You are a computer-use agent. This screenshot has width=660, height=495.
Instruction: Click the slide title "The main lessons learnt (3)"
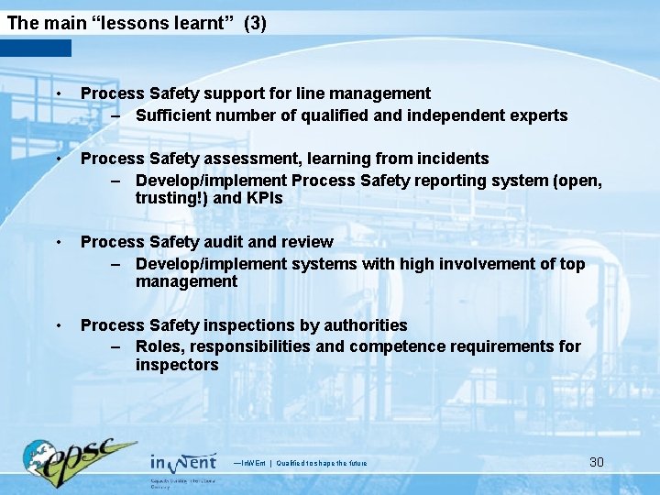(137, 23)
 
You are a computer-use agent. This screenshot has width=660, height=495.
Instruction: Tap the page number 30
(596, 462)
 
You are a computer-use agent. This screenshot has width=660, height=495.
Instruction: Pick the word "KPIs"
(260, 198)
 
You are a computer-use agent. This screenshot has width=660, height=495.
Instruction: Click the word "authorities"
(364, 325)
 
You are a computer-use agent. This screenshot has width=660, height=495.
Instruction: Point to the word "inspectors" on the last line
(177, 365)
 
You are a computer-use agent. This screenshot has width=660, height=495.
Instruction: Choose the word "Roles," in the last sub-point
(159, 346)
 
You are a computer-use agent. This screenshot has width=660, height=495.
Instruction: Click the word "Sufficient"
(173, 115)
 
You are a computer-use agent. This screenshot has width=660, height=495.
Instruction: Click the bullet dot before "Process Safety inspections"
(57, 326)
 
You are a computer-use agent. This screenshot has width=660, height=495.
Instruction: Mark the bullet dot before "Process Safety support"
(57, 94)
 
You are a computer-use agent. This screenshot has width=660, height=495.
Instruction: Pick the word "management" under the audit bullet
(186, 281)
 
